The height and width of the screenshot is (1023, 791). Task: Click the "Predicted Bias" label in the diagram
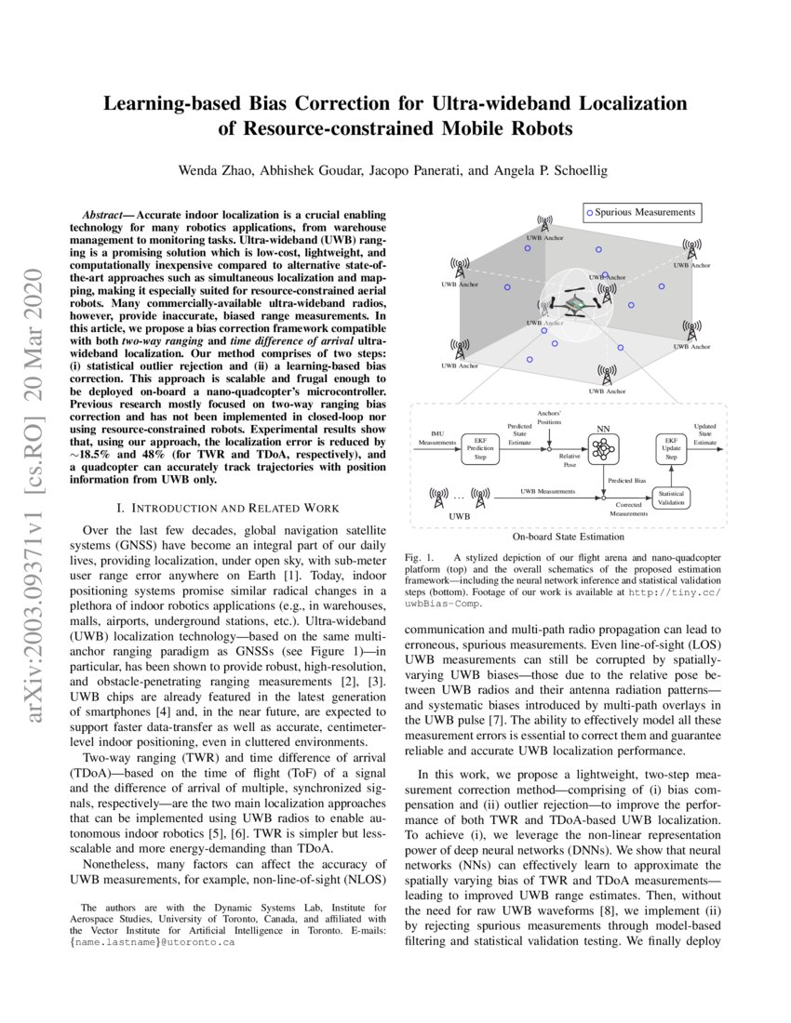click(x=628, y=480)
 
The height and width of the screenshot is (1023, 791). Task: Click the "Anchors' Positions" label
click(x=548, y=417)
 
